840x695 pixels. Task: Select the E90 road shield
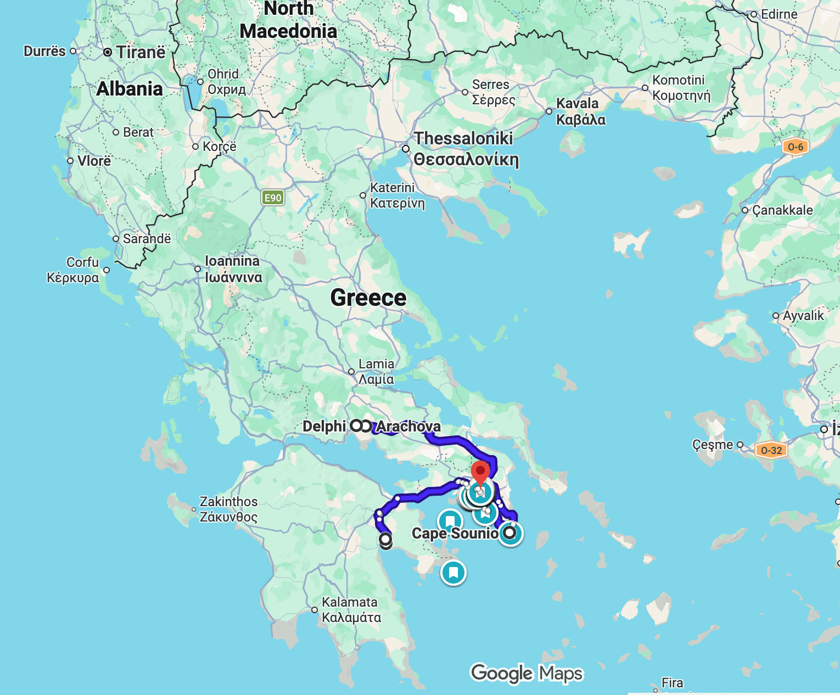pos(273,198)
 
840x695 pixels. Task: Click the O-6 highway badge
pos(795,147)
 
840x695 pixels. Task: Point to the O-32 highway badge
pos(771,450)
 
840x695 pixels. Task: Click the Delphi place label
pos(324,426)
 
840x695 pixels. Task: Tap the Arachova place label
pos(408,427)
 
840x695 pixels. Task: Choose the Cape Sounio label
pos(455,533)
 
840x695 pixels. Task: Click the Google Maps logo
pos(526,673)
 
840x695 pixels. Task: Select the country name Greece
pos(368,298)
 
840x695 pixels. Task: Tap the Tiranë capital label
pos(141,52)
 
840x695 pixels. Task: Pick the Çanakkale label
pos(782,210)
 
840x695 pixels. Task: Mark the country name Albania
pos(130,89)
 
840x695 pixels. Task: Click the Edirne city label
pos(779,14)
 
